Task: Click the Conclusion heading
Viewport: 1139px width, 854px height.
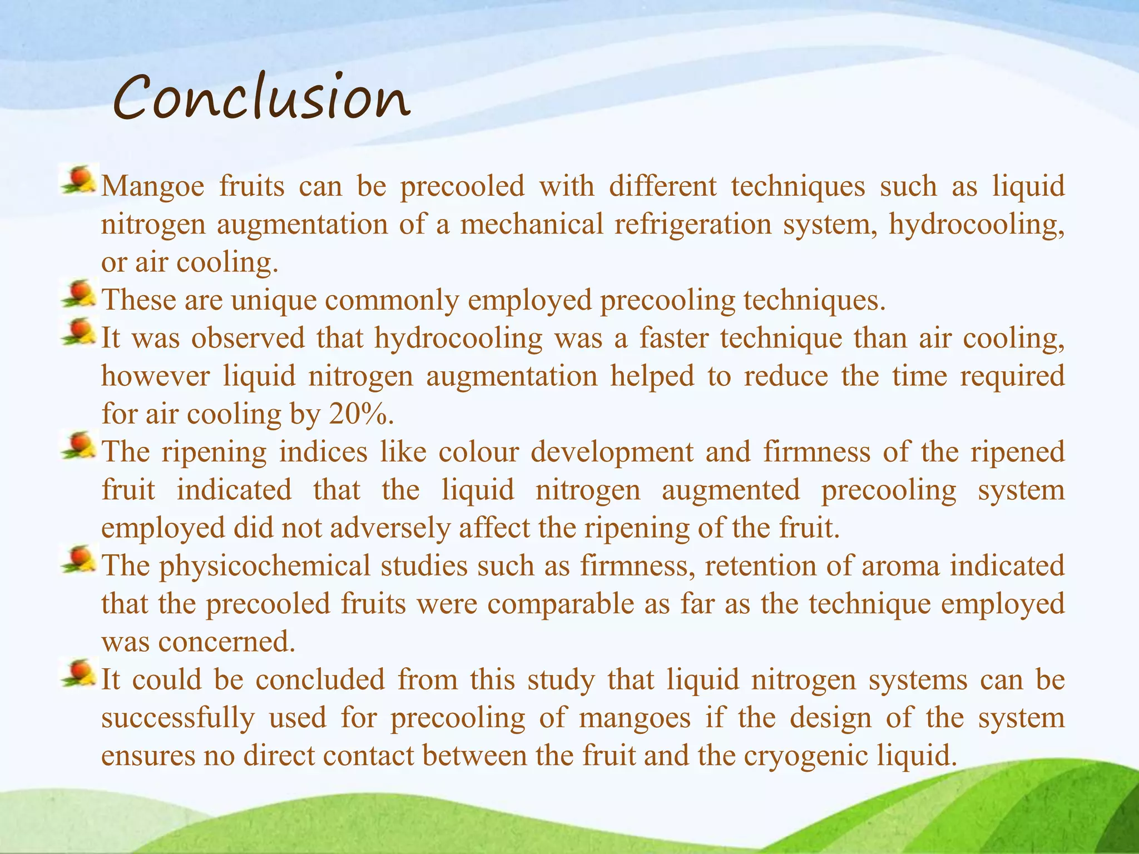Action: [x=261, y=99]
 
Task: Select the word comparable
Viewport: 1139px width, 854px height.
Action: [x=561, y=604]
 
